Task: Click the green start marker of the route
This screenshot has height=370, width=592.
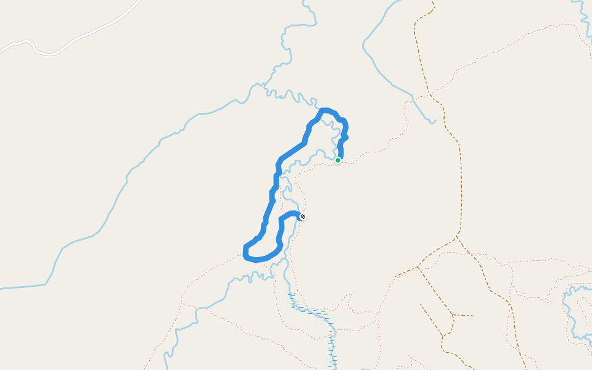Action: click(x=338, y=160)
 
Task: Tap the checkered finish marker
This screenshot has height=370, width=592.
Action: click(x=302, y=216)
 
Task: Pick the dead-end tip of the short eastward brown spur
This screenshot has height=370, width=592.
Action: click(x=473, y=316)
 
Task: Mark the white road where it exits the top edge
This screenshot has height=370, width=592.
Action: click(x=138, y=2)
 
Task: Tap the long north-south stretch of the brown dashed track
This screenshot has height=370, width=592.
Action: click(x=461, y=185)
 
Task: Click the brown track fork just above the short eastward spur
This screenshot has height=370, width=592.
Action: click(x=453, y=315)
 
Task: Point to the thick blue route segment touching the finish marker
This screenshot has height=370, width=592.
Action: click(x=293, y=213)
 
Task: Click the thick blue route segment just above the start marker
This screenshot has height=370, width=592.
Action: click(x=340, y=148)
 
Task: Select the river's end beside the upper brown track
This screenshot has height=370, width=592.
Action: click(x=434, y=121)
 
